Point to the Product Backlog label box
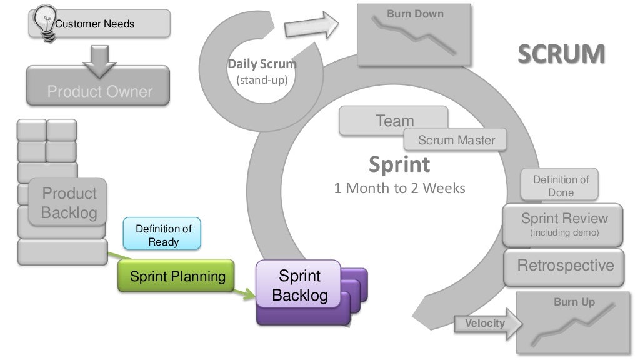click(x=69, y=202)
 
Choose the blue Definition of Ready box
click(x=163, y=235)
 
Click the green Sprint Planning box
click(x=177, y=276)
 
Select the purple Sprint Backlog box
click(x=299, y=286)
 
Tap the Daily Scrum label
click(x=262, y=64)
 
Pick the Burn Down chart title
click(x=415, y=14)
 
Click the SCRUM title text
click(x=561, y=54)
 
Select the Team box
click(x=393, y=120)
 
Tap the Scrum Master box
click(x=456, y=140)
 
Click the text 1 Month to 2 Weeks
click(x=399, y=188)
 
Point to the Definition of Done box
click(x=561, y=186)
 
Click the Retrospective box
click(x=565, y=266)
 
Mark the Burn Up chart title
click(x=574, y=302)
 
